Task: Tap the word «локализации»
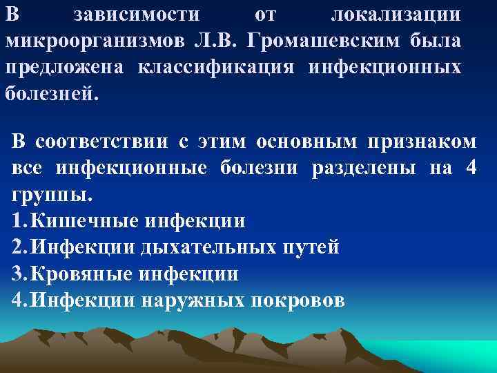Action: (396, 15)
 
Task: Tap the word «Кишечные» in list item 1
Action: (86, 221)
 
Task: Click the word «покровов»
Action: (297, 300)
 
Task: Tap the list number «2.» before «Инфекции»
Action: (21, 247)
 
